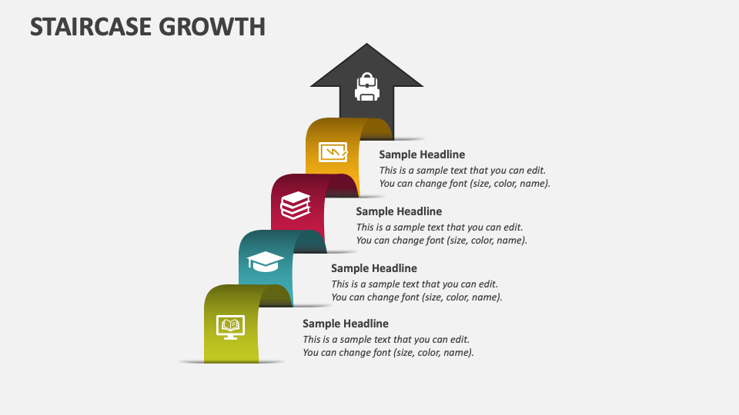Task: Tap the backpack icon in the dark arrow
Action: [x=366, y=87]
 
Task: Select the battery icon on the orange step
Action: [x=333, y=152]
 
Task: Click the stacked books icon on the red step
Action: [x=296, y=205]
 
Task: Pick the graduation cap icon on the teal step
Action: [x=266, y=261]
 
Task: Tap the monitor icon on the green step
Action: [x=230, y=327]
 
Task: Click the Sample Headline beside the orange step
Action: [x=422, y=154]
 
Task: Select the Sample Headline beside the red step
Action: [x=399, y=211]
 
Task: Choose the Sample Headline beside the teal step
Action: [x=374, y=268]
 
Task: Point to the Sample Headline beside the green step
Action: [x=346, y=324]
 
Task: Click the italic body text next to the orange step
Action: [x=464, y=177]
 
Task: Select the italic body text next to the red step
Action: [x=441, y=234]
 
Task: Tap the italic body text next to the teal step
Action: [x=416, y=290]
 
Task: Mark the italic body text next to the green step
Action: [x=388, y=346]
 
